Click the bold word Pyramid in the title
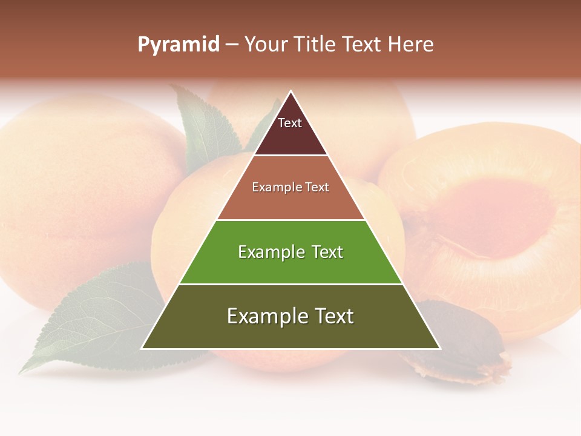pyautogui.click(x=179, y=44)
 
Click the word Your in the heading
pyautogui.click(x=266, y=44)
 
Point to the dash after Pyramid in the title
pyautogui.click(x=232, y=45)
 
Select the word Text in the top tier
pyautogui.click(x=290, y=123)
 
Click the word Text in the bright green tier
pyautogui.click(x=327, y=252)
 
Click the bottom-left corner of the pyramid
pyautogui.click(x=142, y=348)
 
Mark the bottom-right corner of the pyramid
pyautogui.click(x=439, y=348)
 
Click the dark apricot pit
pyautogui.click(x=466, y=339)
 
